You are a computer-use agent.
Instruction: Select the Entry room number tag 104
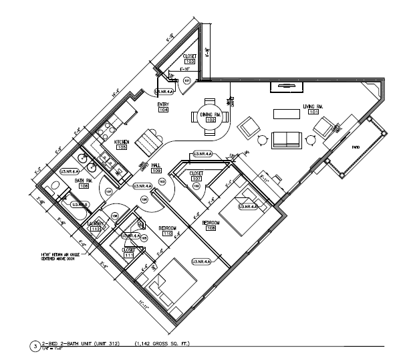[163, 110]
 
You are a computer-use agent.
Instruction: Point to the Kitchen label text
[121, 142]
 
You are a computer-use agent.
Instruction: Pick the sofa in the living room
[287, 139]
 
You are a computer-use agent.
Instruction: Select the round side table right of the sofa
[312, 140]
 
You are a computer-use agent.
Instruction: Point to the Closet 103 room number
[180, 62]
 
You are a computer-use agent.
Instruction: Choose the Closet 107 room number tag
[196, 179]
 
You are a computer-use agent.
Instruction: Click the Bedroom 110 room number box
[167, 234]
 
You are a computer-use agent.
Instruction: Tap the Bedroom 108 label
[211, 222]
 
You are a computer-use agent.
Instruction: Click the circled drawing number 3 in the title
[35, 346]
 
